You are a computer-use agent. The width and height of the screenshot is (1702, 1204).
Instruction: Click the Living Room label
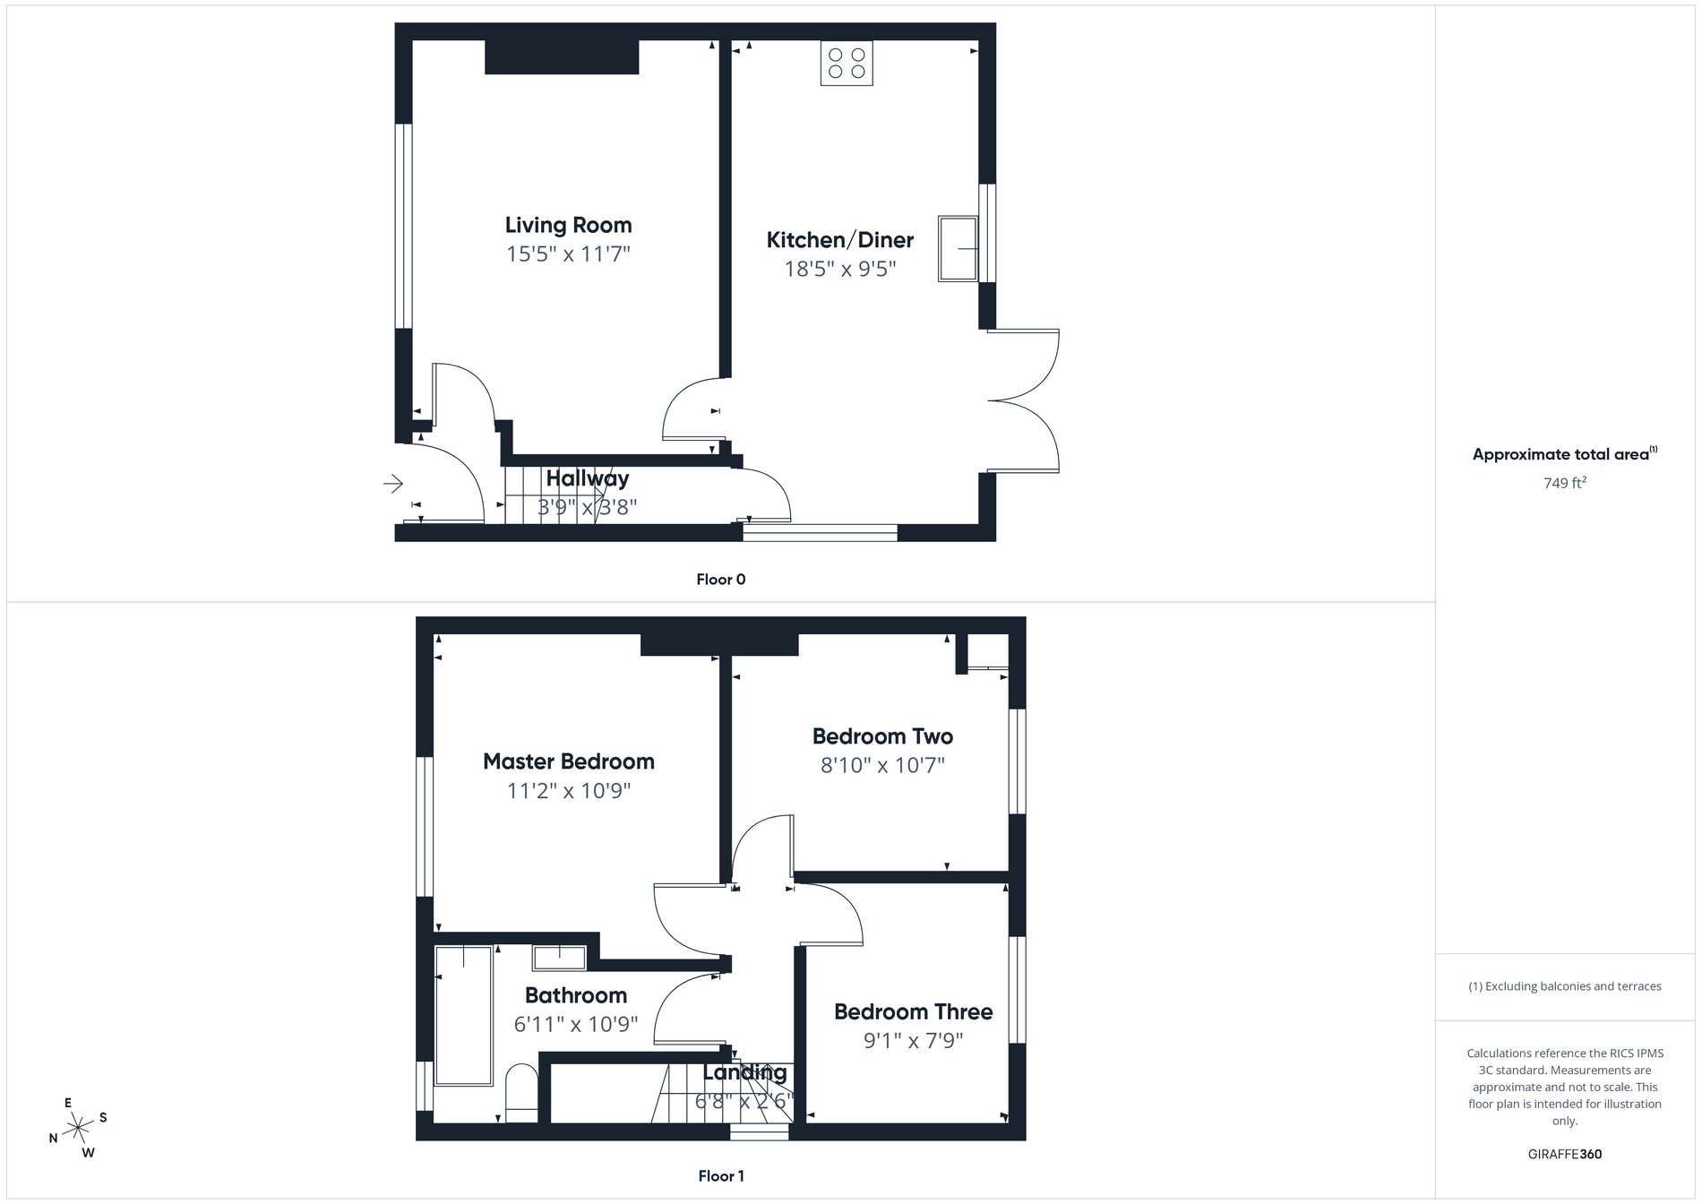(x=568, y=225)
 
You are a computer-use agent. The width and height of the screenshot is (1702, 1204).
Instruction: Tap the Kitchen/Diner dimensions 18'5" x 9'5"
(x=839, y=269)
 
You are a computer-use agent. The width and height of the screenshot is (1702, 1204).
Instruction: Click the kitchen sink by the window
(x=958, y=248)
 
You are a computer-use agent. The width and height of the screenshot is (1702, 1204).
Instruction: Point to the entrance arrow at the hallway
(x=392, y=485)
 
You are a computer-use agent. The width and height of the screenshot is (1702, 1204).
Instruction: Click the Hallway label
(x=587, y=478)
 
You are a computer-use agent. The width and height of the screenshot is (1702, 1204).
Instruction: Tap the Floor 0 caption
(x=720, y=580)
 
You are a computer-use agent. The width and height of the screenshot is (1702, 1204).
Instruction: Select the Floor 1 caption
(x=720, y=1176)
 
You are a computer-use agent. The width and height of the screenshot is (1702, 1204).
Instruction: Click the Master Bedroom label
(x=568, y=761)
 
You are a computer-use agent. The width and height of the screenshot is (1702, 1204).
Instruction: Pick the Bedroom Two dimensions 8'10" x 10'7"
(x=882, y=765)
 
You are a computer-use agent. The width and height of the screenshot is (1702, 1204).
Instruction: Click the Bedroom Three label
(x=913, y=1011)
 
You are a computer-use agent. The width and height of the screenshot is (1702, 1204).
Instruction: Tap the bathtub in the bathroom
(x=463, y=1015)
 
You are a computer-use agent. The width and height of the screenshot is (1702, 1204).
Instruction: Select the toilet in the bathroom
(x=521, y=1093)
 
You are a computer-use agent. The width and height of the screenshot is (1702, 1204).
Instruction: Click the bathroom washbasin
(x=559, y=957)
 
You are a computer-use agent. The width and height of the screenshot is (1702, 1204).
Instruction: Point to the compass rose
(x=79, y=1127)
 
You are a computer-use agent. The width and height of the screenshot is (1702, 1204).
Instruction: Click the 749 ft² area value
(x=1564, y=483)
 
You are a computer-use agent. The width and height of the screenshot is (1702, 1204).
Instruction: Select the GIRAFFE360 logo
(x=1564, y=1154)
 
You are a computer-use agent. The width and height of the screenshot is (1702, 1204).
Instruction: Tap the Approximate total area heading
(x=1564, y=454)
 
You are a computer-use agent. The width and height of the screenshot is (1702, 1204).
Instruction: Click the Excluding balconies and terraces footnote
(x=1564, y=986)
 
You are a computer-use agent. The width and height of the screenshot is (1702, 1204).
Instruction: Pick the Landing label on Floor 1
(x=744, y=1072)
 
